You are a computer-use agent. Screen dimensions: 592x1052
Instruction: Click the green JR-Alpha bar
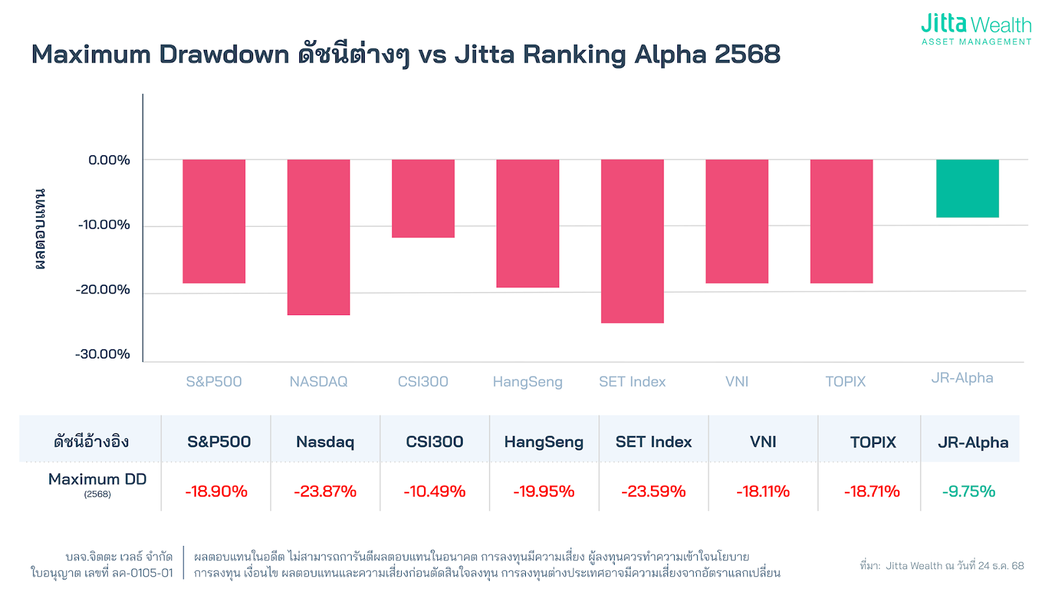click(967, 188)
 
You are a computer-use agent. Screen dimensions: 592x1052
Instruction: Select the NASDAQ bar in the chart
click(318, 237)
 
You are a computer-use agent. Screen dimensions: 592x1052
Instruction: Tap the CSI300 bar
click(423, 198)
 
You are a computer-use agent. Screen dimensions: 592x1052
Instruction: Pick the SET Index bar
click(632, 241)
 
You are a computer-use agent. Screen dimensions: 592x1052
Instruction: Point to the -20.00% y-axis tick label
click(103, 289)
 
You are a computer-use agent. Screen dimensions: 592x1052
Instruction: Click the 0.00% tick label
click(109, 160)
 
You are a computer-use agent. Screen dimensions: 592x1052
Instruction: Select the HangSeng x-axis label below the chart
click(527, 382)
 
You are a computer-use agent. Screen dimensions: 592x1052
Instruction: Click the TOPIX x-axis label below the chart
click(845, 382)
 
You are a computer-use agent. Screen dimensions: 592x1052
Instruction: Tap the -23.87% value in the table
click(325, 491)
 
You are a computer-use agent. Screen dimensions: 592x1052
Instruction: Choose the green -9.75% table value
click(968, 491)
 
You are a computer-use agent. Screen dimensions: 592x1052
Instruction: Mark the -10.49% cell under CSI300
click(435, 491)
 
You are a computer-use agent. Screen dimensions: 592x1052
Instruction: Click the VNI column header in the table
click(763, 442)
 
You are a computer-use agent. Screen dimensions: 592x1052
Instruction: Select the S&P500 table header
click(219, 442)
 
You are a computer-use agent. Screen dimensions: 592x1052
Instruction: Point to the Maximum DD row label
click(97, 480)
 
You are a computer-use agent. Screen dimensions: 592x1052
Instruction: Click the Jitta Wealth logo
click(976, 30)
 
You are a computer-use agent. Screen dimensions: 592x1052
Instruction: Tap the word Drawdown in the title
click(224, 55)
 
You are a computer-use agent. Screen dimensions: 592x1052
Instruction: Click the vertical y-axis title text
click(40, 229)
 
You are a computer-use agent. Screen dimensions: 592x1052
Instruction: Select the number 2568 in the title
click(748, 55)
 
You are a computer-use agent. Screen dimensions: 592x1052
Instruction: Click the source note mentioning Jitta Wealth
click(942, 566)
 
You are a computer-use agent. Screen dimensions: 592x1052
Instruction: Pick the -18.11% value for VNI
click(763, 491)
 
